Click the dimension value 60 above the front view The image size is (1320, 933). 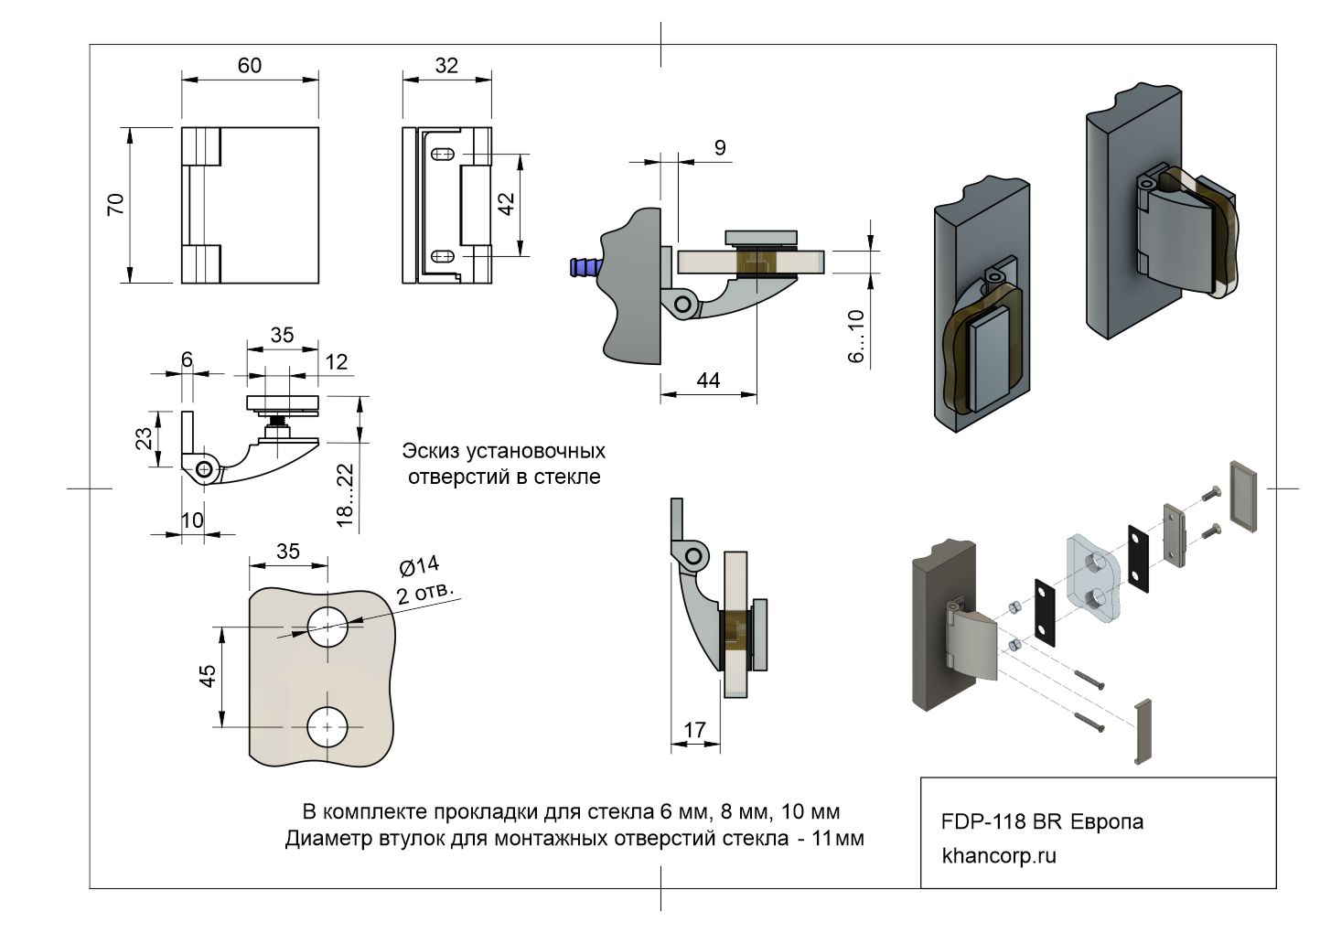pos(250,65)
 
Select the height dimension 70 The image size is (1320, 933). pos(116,204)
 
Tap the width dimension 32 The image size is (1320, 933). pos(446,65)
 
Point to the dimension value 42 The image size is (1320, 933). pos(506,203)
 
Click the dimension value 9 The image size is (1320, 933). pos(720,147)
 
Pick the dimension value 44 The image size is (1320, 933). pos(708,380)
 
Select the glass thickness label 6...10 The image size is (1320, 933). pos(856,336)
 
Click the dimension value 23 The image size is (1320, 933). pos(145,438)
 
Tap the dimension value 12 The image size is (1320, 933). pos(337,362)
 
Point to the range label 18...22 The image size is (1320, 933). pos(345,494)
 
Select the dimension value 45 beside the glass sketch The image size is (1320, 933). pos(208,676)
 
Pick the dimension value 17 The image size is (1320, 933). pos(694,729)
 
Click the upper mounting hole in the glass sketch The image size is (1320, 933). pos(327,627)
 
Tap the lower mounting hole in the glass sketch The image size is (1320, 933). pos(327,727)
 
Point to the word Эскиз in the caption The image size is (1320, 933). pos(431,451)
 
